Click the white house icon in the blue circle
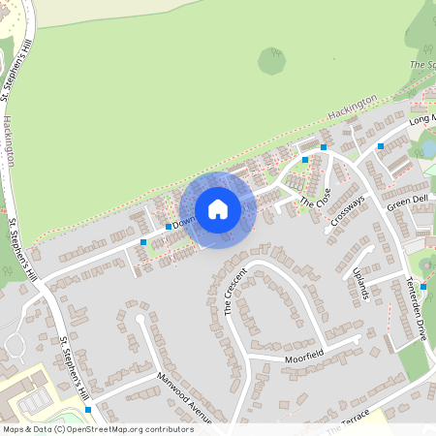tap(218, 209)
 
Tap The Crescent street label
tap(236, 290)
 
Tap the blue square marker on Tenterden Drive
tap(423, 287)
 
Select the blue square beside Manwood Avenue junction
tap(88, 409)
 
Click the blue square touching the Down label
tap(169, 227)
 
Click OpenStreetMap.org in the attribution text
tap(107, 428)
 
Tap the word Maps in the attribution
tap(15, 428)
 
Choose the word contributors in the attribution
tap(167, 428)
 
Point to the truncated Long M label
tap(421, 119)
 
